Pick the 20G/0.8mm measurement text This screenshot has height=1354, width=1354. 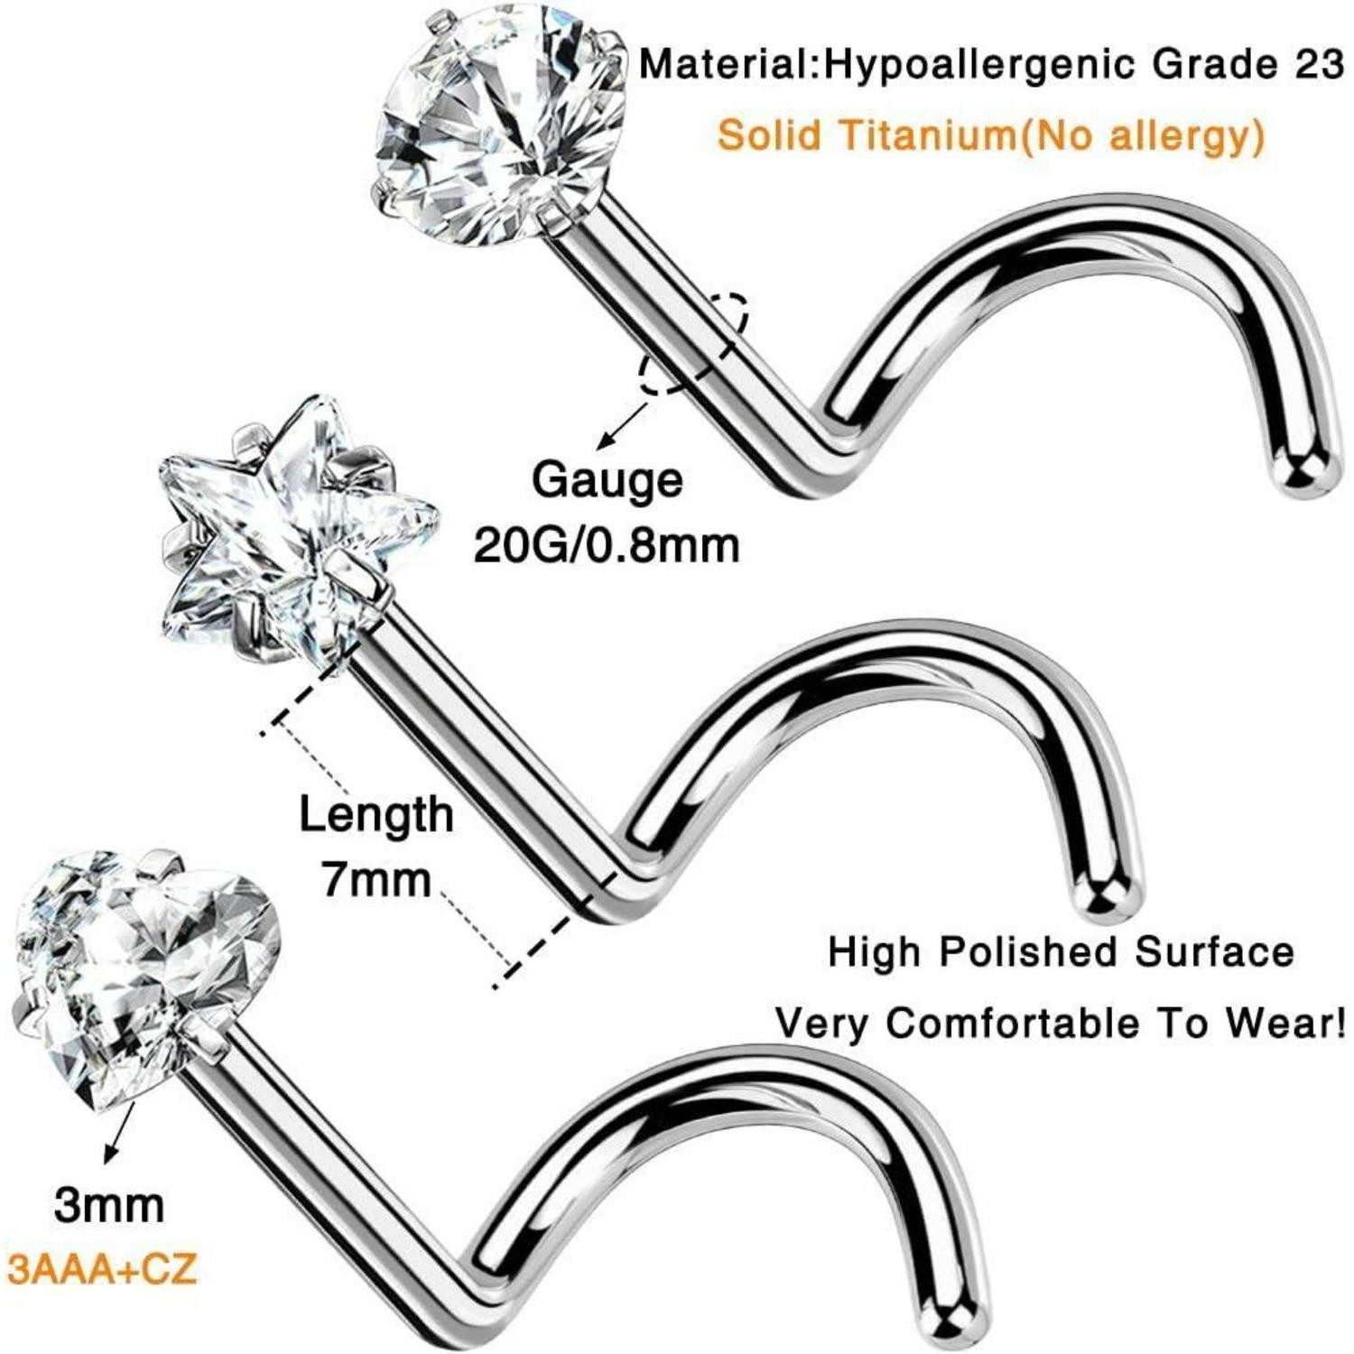pos(607,544)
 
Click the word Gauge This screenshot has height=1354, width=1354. pos(607,479)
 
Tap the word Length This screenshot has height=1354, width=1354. pos(376,815)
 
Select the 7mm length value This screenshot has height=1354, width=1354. pos(377,879)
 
